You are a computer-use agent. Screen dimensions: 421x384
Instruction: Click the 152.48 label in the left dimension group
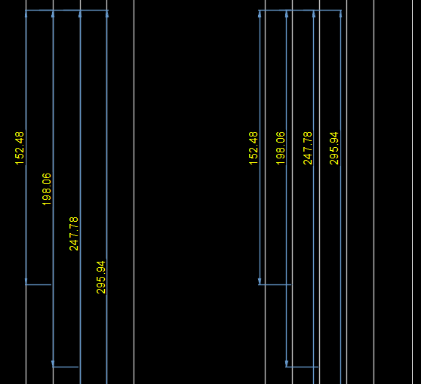pos(20,148)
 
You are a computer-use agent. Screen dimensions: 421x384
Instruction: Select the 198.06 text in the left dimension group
pos(47,189)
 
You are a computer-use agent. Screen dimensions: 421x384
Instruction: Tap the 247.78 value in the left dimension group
pos(74,234)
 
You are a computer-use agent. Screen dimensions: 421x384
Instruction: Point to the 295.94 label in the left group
pos(101,277)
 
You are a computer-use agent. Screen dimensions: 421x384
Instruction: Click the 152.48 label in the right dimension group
pos(254,148)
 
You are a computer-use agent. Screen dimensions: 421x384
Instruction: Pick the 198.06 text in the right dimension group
pos(281,148)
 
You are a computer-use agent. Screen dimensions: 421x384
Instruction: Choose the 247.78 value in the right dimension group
pos(307,148)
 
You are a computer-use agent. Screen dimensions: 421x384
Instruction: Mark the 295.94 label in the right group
pos(334,148)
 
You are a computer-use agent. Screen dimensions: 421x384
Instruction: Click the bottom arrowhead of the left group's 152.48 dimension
pos(26,281)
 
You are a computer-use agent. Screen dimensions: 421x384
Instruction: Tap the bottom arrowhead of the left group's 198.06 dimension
pos(53,364)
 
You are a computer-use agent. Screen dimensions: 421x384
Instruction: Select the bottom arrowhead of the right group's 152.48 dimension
pos(260,281)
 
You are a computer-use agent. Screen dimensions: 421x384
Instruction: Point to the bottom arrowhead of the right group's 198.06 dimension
pos(287,364)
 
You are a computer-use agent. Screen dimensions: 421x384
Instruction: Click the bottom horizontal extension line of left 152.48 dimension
pos(38,284)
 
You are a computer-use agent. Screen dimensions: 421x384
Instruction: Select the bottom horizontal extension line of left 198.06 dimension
pos(65,367)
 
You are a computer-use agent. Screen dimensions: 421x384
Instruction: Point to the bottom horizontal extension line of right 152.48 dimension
pos(275,284)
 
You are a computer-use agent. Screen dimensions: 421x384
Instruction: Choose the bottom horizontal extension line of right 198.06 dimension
pos(302,367)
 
